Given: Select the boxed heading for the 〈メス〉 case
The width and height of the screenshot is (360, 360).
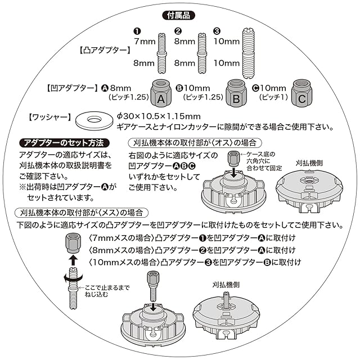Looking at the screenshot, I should pyautogui.click(x=78, y=213).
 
